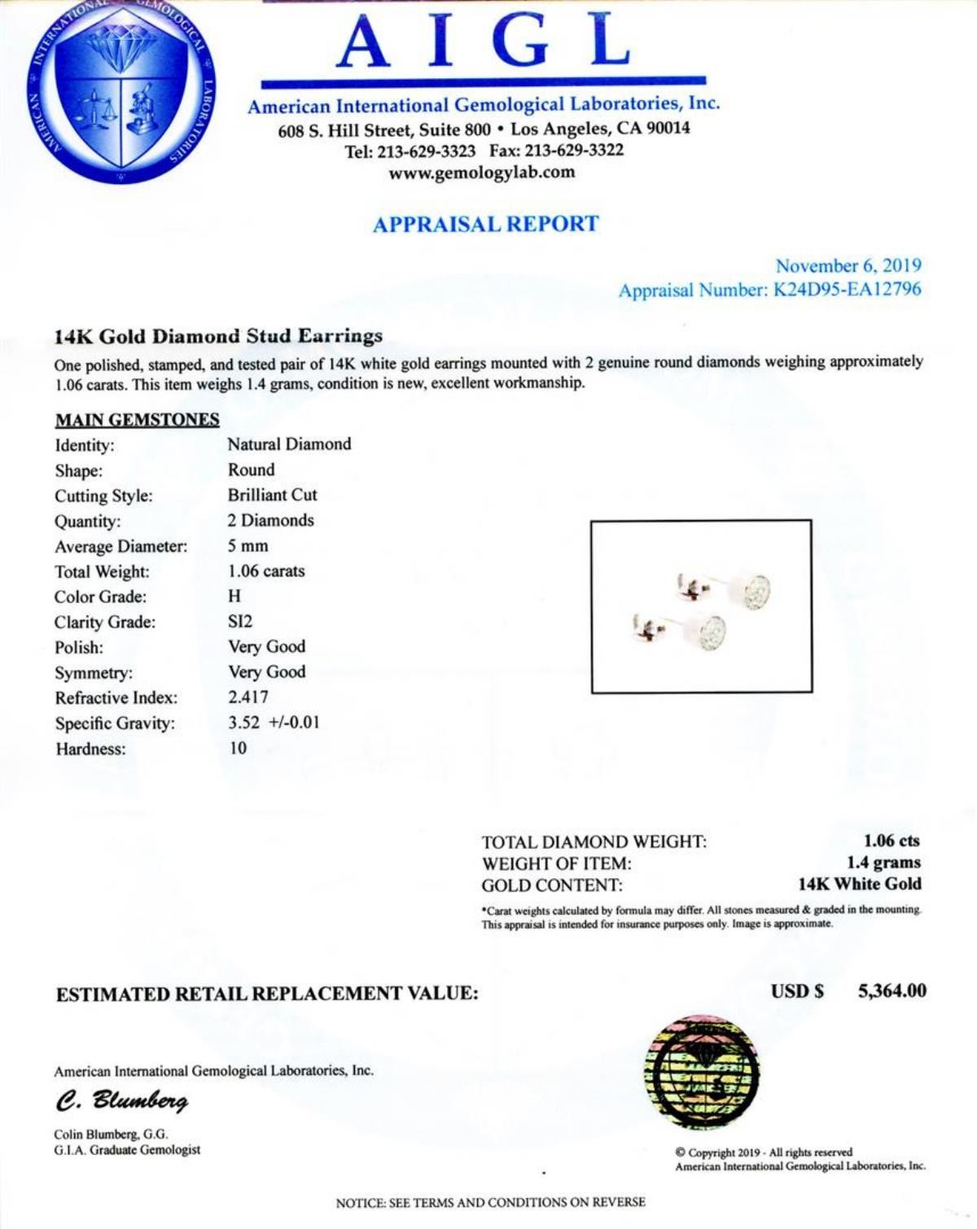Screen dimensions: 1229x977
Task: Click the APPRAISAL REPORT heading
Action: pyautogui.click(x=485, y=225)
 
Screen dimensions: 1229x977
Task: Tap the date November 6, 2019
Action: pyautogui.click(x=848, y=266)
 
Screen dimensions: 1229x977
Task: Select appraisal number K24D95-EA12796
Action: pyautogui.click(x=846, y=290)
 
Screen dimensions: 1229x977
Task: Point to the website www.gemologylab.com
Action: pyautogui.click(x=482, y=172)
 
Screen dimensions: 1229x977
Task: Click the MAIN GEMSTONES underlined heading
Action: pyautogui.click(x=137, y=420)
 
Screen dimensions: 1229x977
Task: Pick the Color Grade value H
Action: pyautogui.click(x=234, y=597)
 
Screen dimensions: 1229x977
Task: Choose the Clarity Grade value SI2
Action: pyautogui.click(x=240, y=622)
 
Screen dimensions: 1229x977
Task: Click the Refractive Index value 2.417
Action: pyautogui.click(x=248, y=698)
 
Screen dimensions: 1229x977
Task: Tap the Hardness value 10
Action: pyautogui.click(x=237, y=748)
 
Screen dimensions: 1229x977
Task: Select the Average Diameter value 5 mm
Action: pyautogui.click(x=248, y=546)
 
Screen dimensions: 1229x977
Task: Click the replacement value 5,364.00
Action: pyautogui.click(x=892, y=991)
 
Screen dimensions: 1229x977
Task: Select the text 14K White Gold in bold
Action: pyautogui.click(x=860, y=885)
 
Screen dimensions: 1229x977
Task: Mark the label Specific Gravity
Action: pyautogui.click(x=115, y=724)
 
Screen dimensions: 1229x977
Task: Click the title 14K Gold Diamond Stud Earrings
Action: pyautogui.click(x=218, y=336)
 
